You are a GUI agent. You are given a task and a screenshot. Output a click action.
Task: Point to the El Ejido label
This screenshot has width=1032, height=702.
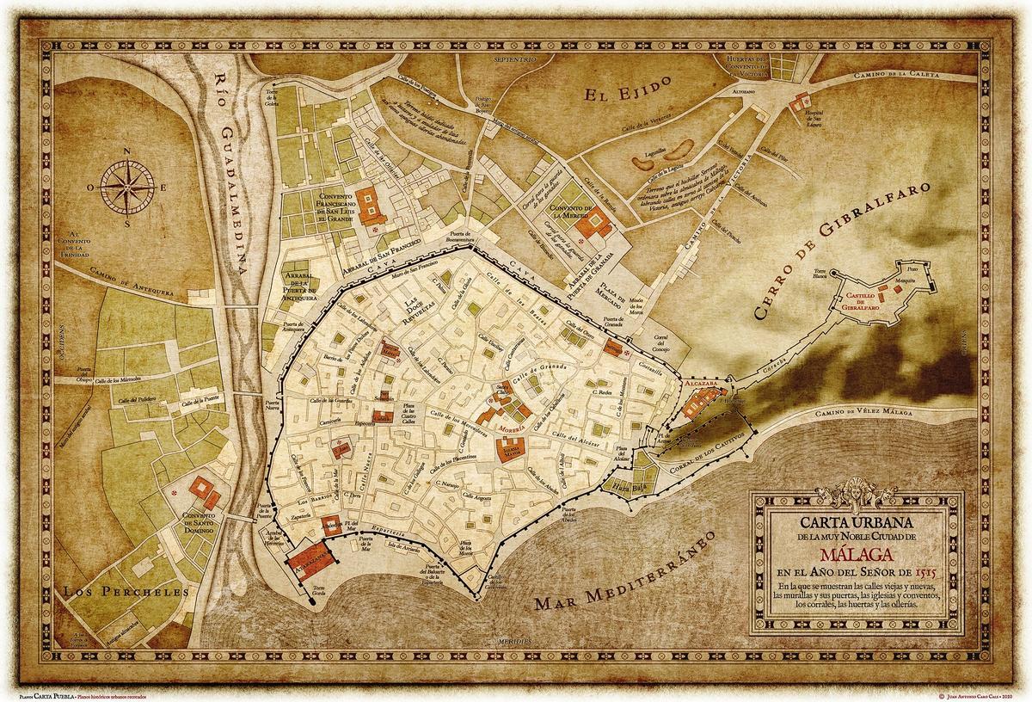click(x=617, y=94)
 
